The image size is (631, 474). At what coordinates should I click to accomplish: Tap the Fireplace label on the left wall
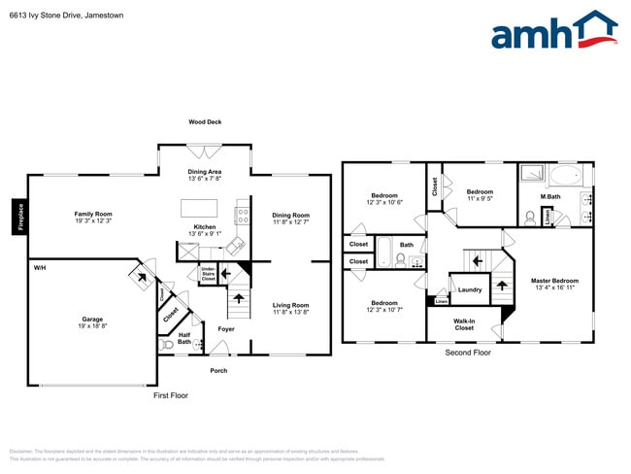pyautogui.click(x=17, y=218)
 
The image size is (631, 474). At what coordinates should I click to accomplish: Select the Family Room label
pyautogui.click(x=94, y=218)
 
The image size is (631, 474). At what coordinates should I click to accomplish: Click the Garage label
pyautogui.click(x=92, y=322)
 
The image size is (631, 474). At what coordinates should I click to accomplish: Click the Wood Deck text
pyautogui.click(x=205, y=121)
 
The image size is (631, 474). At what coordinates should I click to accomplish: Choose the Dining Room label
pyautogui.click(x=290, y=219)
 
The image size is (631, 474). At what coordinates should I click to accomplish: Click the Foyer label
pyautogui.click(x=225, y=329)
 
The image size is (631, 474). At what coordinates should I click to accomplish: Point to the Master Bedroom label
pyautogui.click(x=555, y=285)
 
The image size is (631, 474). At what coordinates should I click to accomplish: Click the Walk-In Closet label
pyautogui.click(x=464, y=323)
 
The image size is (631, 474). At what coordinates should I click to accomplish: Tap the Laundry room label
pyautogui.click(x=470, y=289)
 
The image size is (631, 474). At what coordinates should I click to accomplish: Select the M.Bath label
pyautogui.click(x=550, y=197)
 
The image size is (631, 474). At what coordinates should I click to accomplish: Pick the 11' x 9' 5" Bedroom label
pyautogui.click(x=480, y=195)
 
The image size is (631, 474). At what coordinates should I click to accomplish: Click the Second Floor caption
pyautogui.click(x=469, y=353)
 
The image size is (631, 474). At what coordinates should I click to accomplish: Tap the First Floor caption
pyautogui.click(x=171, y=395)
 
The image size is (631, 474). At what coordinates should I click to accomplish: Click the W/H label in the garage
pyautogui.click(x=40, y=267)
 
